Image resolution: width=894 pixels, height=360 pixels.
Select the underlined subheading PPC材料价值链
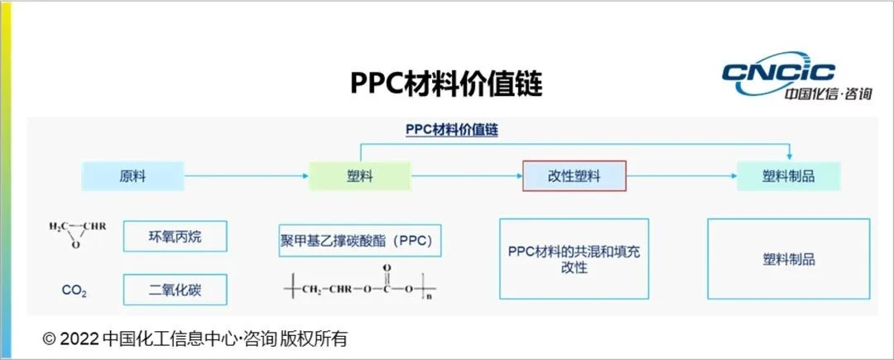coord(451,131)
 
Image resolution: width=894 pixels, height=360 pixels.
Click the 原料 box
coord(132,175)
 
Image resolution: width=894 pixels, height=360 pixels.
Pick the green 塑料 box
coord(359,175)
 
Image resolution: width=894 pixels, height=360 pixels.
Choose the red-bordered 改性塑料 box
coord(574,175)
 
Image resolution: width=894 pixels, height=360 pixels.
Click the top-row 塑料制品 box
coord(788,175)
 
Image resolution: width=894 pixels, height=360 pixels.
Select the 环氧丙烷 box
coord(175,236)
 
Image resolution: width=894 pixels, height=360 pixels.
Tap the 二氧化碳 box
coord(175,290)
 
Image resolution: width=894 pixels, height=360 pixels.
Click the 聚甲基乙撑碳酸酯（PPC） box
coord(360,241)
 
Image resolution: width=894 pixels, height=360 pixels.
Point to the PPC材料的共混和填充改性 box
coord(574,258)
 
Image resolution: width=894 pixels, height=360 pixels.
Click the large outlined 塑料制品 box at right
coord(789,258)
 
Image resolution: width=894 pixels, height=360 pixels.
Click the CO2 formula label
coord(74,290)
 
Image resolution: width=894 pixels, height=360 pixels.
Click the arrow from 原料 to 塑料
coord(245,175)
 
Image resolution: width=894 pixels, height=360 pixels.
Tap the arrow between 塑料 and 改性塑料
coord(466,175)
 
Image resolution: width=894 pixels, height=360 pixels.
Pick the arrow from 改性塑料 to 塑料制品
coord(681,175)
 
